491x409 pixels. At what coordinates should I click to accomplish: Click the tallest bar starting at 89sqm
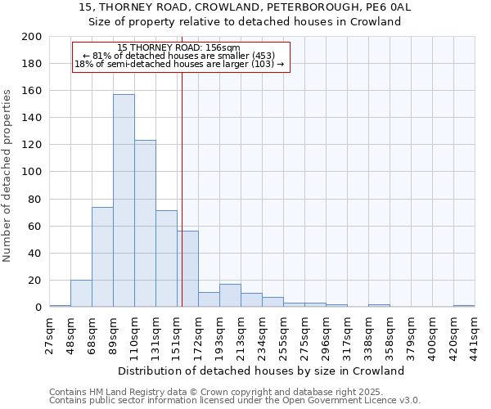(x=124, y=200)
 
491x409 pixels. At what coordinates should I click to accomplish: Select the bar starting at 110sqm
(x=145, y=223)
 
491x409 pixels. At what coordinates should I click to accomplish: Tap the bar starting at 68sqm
(x=102, y=257)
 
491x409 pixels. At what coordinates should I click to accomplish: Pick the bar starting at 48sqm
(x=81, y=293)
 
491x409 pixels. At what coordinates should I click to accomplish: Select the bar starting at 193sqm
(x=230, y=295)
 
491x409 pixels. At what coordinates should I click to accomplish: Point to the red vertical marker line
(x=182, y=204)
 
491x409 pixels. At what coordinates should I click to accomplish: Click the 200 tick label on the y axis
(x=32, y=37)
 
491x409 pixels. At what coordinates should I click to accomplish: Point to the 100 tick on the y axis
(x=32, y=172)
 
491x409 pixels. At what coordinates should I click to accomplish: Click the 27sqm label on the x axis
(x=50, y=333)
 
